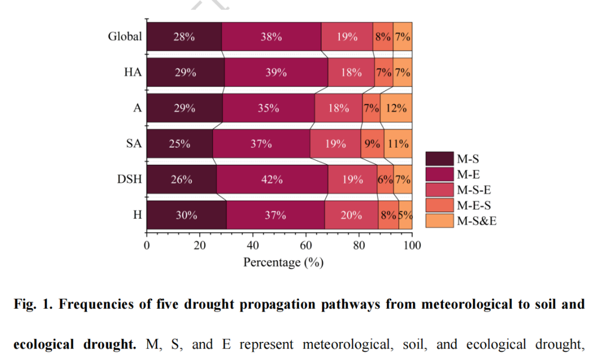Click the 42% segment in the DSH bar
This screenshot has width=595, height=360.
[x=272, y=180]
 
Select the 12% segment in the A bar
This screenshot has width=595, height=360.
[x=396, y=108]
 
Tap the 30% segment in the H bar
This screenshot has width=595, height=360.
[x=186, y=215]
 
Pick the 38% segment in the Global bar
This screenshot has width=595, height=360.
[x=272, y=37]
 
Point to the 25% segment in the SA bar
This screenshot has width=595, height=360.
[x=180, y=144]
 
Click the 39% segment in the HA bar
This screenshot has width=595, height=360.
[x=276, y=72]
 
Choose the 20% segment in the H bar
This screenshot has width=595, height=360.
[x=351, y=215]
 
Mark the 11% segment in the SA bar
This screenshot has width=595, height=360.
[x=398, y=144]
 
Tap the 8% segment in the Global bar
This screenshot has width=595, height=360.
[x=383, y=37]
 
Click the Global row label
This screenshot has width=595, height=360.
[x=125, y=37]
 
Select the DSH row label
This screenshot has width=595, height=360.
[x=129, y=180]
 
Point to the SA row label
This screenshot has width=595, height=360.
[x=133, y=144]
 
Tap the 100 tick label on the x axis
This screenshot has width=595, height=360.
[x=412, y=245]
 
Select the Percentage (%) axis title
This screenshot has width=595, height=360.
[x=283, y=262]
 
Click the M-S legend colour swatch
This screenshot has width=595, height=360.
[x=439, y=159]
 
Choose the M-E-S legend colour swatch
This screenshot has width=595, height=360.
[x=439, y=206]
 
